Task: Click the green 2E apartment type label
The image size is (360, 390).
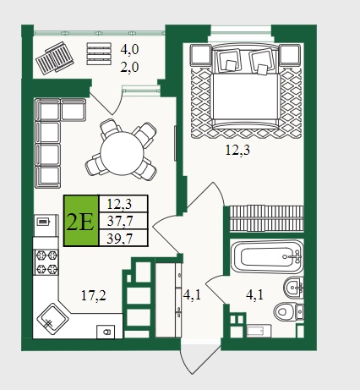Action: click(81, 221)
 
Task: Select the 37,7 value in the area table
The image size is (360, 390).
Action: click(120, 221)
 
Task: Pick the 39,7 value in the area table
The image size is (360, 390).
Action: click(120, 239)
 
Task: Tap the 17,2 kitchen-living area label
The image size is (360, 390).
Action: click(94, 296)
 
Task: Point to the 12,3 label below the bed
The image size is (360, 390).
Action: click(237, 150)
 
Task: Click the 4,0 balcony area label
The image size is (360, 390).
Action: click(129, 50)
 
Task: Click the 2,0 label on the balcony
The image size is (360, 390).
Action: click(129, 68)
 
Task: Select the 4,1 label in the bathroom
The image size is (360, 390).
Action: click(254, 295)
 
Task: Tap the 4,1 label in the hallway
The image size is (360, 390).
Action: click(192, 295)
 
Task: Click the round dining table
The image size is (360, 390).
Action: click(123, 153)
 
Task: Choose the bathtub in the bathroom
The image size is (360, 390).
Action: click(267, 256)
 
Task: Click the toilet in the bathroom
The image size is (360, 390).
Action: click(289, 311)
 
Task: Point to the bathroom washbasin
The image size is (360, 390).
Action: click(293, 288)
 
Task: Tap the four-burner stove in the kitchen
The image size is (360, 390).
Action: click(46, 262)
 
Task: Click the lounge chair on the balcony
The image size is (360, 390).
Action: click(55, 58)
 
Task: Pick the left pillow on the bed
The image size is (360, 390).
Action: click(229, 60)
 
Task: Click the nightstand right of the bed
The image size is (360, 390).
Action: click(290, 55)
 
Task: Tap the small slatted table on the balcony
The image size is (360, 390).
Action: click(99, 53)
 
